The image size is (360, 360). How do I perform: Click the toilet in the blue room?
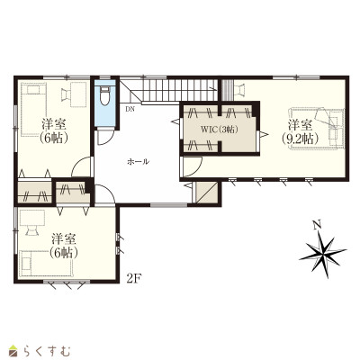pos(104,95)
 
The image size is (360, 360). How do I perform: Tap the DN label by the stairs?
pos(130,109)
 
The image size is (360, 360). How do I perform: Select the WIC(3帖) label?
pos(220,130)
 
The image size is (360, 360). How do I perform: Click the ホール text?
pos(138,162)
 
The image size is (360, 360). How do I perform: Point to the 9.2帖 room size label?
pos(300,139)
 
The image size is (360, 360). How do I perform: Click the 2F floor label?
pos(134,279)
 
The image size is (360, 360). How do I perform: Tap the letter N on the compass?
pos(316,224)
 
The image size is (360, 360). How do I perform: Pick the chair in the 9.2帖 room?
pos(239,90)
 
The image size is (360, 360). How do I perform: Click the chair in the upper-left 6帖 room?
pos(67,94)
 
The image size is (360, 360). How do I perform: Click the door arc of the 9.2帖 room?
pos(195,170)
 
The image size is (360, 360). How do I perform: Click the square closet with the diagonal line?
pos(207,192)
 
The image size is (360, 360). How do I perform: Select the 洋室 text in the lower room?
pos(64,239)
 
